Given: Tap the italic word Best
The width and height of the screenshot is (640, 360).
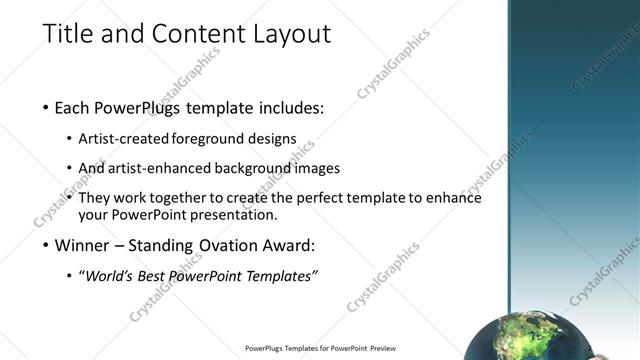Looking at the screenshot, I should [x=153, y=275].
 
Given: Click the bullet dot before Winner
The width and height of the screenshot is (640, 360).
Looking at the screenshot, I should [x=47, y=246].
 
